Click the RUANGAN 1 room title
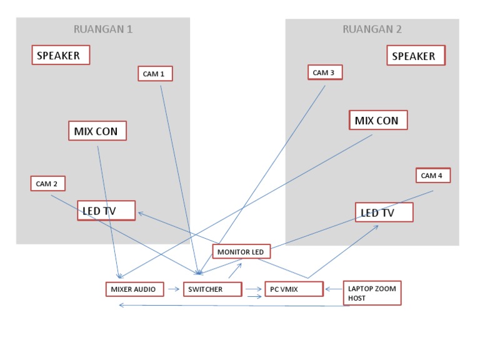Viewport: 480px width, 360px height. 103,29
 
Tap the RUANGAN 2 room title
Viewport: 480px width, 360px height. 372,29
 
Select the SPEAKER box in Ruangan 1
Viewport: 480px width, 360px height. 61,55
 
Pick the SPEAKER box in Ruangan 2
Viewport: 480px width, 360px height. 416,56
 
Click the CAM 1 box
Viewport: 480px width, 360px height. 155,74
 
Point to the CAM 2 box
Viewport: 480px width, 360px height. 47,184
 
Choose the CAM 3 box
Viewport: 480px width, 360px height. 325,72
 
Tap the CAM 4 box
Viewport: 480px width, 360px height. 433,176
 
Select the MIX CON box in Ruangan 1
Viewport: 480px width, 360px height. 97,131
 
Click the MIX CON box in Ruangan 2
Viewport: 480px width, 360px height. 377,120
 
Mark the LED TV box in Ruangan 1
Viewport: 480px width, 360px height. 106,211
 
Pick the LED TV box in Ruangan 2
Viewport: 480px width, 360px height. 384,212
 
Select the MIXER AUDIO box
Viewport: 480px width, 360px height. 134,289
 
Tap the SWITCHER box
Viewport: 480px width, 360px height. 212,289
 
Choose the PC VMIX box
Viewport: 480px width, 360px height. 294,289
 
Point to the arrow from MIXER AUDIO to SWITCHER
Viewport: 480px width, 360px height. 174,289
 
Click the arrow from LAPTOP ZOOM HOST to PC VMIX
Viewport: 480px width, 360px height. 334,289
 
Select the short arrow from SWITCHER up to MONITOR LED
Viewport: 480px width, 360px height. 235,270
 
